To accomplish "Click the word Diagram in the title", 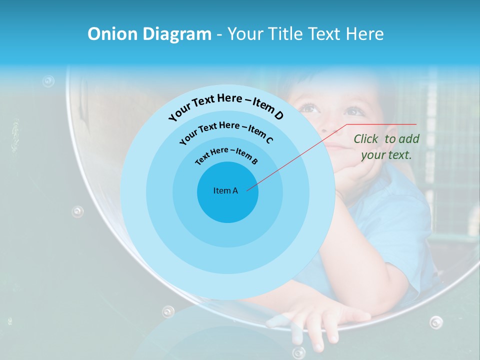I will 177,34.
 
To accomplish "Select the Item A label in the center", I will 225,190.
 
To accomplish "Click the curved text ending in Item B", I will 226,155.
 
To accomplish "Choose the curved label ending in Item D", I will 226,106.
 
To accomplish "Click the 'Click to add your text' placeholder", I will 386,147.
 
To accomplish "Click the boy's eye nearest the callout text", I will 354,111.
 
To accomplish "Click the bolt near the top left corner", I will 48,80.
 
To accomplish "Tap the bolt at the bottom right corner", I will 436,321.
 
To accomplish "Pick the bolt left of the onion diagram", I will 77,211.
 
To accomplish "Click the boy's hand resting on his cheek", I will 360,170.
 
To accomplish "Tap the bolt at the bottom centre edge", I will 298,352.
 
